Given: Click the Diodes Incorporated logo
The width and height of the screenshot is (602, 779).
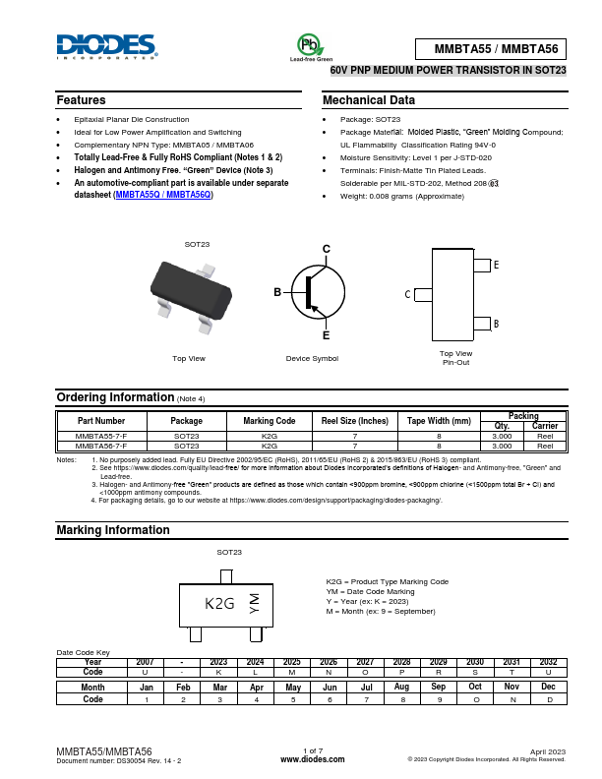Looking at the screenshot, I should [105, 46].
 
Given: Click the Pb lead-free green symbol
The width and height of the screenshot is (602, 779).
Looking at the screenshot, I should [310, 45].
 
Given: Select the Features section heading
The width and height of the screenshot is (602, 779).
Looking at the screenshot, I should [82, 100].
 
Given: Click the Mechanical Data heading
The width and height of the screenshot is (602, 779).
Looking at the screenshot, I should [369, 100].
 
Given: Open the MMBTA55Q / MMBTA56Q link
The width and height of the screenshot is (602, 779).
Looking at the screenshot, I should [163, 195].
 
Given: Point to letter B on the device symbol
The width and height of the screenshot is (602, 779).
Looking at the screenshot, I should [277, 292].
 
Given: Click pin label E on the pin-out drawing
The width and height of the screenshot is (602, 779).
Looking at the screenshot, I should [496, 266].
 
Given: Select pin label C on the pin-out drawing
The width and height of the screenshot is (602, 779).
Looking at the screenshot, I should [407, 294].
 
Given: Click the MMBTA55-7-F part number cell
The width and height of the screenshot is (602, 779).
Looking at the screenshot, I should [101, 435].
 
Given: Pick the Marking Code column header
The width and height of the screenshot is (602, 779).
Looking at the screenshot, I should [269, 421].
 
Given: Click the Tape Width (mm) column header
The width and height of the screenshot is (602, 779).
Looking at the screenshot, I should [439, 421].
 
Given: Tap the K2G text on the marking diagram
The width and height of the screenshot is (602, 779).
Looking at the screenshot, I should [219, 604].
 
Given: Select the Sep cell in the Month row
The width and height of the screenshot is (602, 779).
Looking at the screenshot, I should [438, 687].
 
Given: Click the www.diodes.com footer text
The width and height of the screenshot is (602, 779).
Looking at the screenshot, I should [312, 759].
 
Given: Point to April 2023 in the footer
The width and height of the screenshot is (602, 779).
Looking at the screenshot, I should [548, 750].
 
